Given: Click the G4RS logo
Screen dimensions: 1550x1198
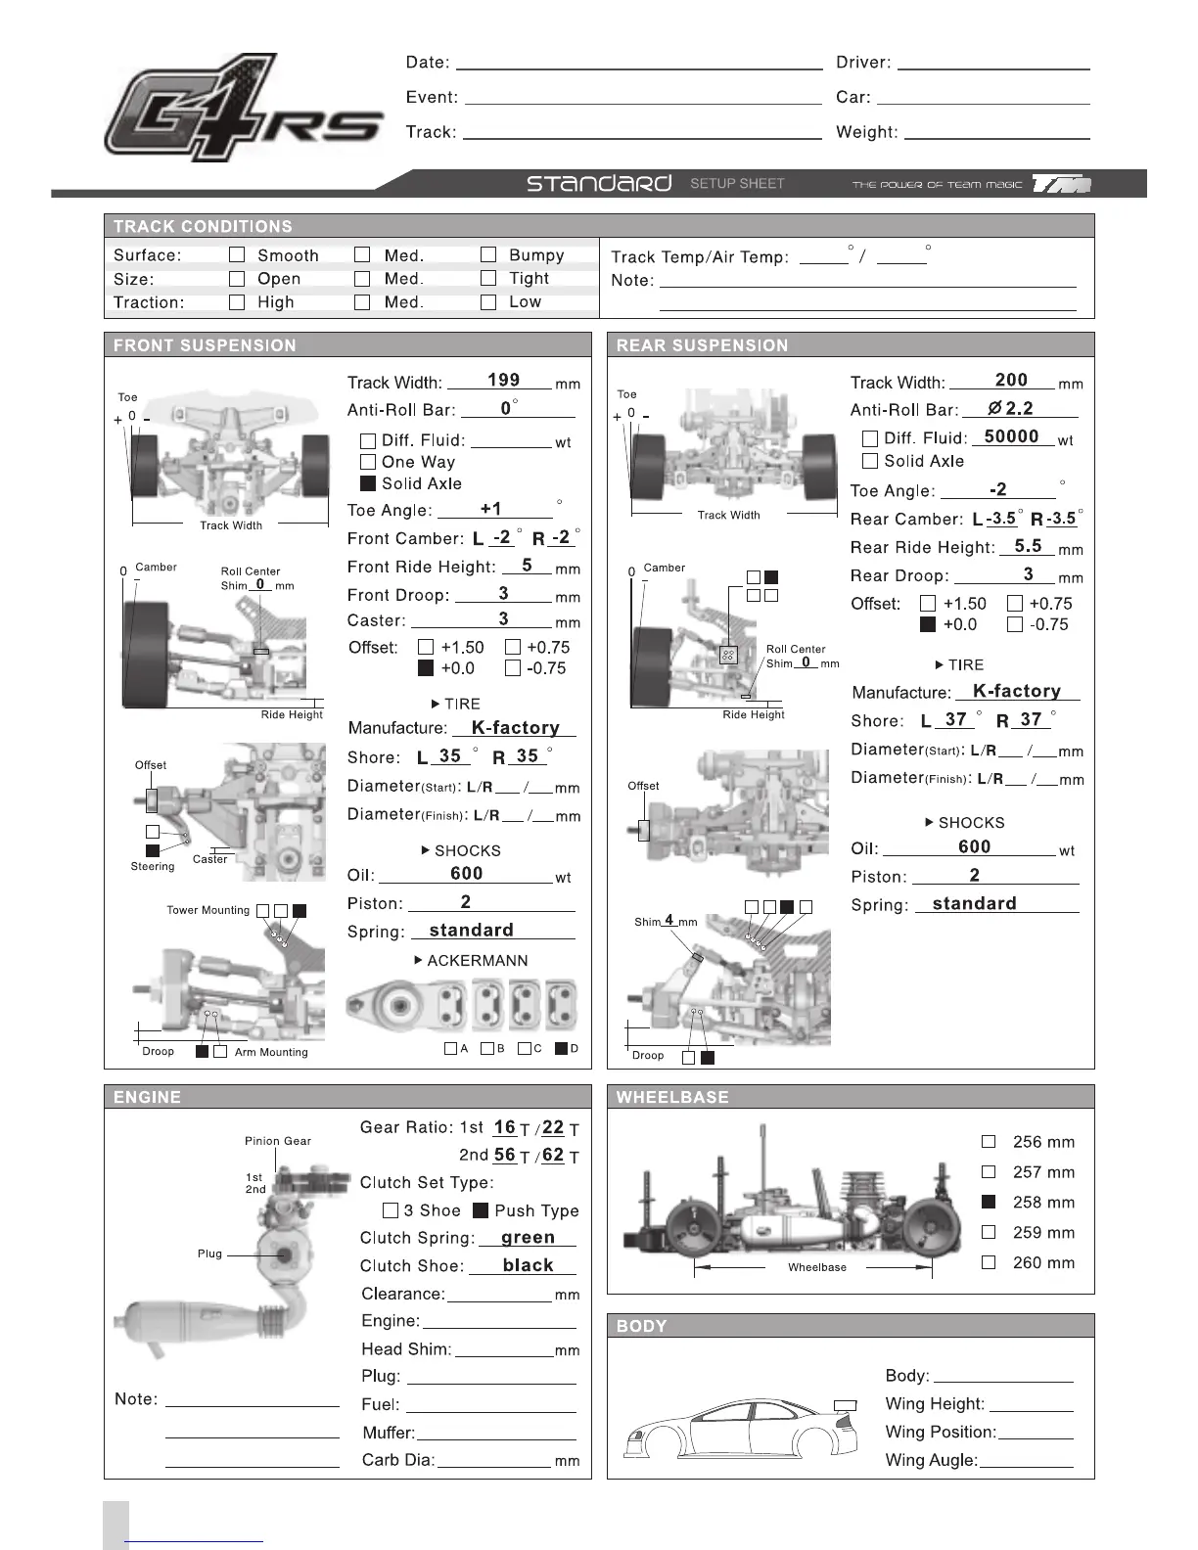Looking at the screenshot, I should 243,108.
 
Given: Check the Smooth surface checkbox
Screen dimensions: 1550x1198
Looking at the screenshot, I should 237,255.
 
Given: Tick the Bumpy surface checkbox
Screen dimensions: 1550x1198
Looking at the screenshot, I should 488,255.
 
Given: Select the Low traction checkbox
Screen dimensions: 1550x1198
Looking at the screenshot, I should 488,302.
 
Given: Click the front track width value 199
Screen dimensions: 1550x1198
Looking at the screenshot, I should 503,380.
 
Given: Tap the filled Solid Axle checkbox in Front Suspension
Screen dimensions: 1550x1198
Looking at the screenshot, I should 368,483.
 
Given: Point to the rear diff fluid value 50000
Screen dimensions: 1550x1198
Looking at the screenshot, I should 1011,436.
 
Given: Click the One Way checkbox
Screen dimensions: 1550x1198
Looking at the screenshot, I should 368,462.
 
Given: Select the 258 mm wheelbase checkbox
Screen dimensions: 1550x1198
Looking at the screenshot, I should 989,1202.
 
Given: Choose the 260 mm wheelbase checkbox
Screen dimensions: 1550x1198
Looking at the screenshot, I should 989,1262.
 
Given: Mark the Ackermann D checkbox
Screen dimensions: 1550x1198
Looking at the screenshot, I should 561,1048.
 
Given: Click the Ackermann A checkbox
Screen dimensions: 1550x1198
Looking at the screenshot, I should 450,1048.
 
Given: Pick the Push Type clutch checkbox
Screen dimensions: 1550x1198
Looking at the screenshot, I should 481,1210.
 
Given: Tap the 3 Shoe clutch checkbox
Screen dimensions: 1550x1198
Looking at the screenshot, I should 391,1210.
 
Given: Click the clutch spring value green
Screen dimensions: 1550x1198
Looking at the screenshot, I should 528,1237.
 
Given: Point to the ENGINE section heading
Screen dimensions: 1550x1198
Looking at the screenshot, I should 148,1097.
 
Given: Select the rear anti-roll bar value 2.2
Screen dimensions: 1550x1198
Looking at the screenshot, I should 1018,408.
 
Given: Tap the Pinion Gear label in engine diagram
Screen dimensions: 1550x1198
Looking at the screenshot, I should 278,1141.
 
